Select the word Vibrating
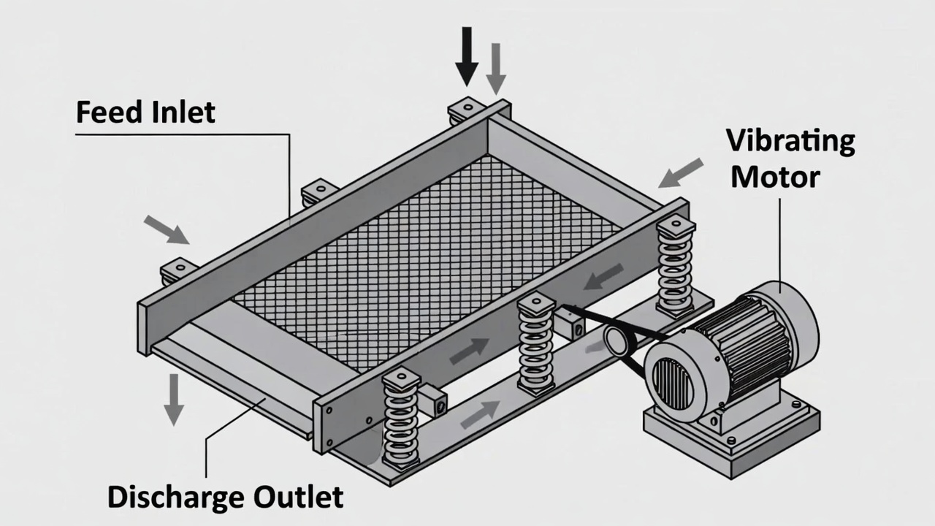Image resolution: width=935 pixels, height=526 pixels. (790, 140)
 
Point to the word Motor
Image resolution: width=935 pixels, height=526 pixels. (776, 177)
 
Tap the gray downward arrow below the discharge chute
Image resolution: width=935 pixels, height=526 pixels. (174, 398)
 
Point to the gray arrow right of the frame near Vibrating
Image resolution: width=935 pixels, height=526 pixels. (681, 172)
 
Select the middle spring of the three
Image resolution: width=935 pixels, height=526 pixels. (536, 343)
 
